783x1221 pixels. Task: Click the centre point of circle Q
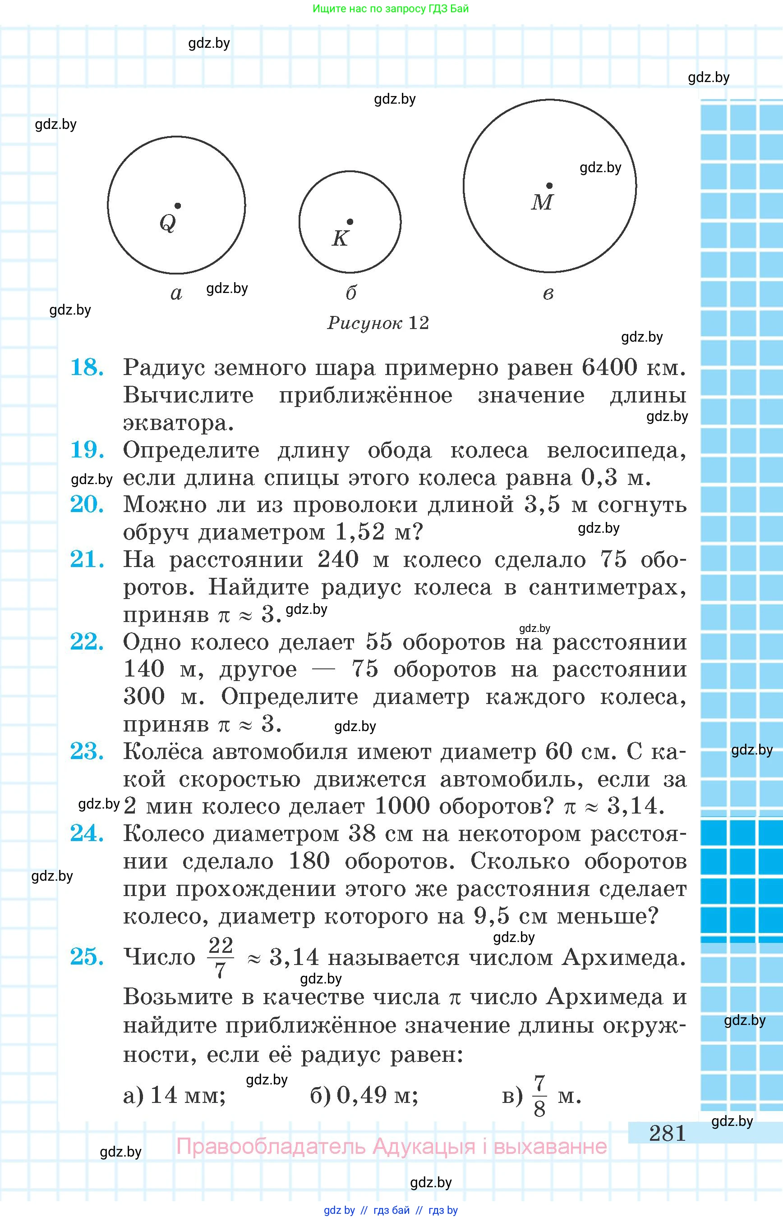pos(177,206)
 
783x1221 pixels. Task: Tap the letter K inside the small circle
pos(340,238)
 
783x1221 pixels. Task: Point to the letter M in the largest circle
pos(542,202)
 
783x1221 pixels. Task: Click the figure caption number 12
pos(419,323)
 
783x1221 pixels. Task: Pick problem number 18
pos(87,367)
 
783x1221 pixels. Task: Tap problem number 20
pos(87,504)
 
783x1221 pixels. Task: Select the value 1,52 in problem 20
pos(360,531)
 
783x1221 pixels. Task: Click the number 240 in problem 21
pos(338,559)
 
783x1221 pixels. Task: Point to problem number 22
pos(87,642)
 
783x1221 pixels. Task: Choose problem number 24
pos(87,833)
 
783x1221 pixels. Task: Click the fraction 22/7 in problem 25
pos(220,957)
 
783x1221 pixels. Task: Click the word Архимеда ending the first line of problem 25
pos(623,957)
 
